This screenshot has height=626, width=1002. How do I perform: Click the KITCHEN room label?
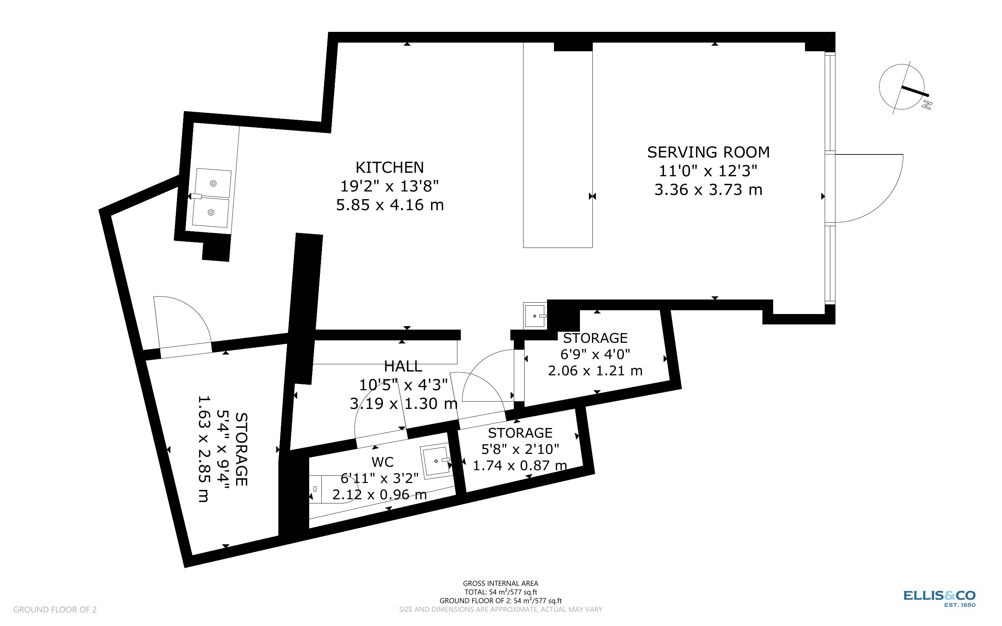pos(390,167)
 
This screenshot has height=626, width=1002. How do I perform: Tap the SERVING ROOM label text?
pos(708,152)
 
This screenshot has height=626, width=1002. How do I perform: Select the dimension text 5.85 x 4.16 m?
pos(390,205)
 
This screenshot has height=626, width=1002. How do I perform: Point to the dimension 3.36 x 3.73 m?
pos(708,190)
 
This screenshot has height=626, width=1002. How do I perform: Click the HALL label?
pos(403,366)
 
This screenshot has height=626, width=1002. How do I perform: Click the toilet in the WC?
pos(329,489)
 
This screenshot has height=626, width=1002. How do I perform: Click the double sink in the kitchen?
pos(212,197)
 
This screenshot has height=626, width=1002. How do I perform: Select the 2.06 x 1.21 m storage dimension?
pos(595,370)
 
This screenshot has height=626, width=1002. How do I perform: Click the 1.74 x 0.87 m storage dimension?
pos(520,465)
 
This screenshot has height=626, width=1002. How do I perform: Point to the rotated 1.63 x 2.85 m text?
pos(203,449)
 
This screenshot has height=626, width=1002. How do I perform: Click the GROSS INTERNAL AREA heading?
pos(500,583)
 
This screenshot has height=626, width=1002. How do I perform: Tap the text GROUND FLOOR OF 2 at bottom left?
pos(55,609)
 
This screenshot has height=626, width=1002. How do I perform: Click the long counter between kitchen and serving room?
pos(557,145)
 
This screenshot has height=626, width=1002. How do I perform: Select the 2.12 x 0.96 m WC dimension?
pos(379,494)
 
